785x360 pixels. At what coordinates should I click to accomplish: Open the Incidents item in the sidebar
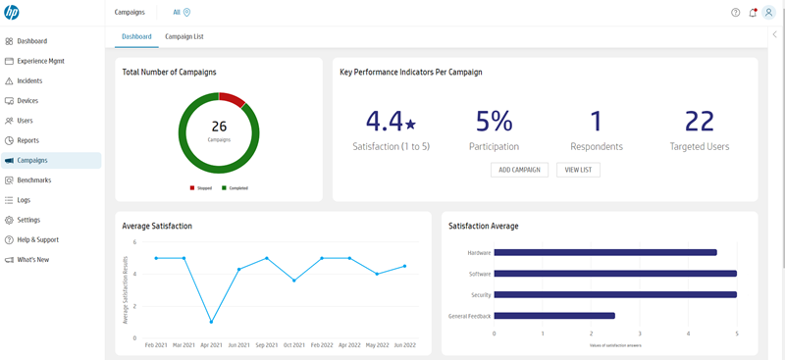[29, 80]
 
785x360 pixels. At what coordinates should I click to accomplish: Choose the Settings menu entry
[28, 220]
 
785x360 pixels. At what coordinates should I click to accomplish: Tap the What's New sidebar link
[32, 260]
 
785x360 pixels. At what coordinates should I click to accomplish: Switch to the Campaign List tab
[183, 36]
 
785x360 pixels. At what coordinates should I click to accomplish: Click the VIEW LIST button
[578, 170]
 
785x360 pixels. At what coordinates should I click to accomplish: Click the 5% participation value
[495, 121]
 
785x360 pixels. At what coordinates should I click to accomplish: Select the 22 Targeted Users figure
[699, 121]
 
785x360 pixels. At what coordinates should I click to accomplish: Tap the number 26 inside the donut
[219, 127]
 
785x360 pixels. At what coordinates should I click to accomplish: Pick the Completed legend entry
[235, 187]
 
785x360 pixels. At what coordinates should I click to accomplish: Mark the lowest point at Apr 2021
[211, 322]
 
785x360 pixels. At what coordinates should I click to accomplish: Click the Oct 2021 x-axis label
[294, 345]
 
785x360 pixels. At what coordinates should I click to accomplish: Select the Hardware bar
[605, 252]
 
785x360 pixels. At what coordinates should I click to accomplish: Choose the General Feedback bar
[554, 316]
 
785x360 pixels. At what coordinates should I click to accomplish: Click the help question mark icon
[736, 13]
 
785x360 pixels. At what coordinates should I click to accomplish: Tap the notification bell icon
[753, 13]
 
